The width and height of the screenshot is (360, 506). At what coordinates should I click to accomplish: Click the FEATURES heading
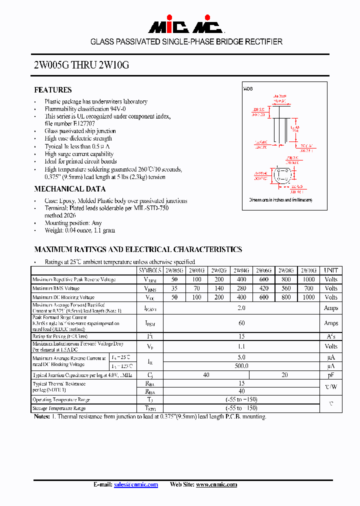52,90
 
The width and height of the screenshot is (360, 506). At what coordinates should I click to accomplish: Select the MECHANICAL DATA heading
69,189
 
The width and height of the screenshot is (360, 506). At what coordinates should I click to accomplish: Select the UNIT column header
331,270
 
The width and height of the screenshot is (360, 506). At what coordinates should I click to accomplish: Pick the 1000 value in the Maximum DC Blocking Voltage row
308,297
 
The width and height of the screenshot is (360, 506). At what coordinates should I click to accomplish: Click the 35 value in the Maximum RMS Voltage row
174,288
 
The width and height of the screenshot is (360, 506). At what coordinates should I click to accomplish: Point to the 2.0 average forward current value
241,308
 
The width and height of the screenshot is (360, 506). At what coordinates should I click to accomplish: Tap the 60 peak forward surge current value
241,323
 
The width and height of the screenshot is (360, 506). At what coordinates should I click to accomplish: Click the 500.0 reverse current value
241,366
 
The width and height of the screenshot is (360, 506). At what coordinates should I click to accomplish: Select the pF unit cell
331,375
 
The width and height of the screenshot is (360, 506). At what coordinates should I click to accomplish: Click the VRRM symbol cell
150,279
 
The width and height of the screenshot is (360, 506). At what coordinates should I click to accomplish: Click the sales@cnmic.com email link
136,484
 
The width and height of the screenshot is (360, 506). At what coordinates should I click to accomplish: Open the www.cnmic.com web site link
216,484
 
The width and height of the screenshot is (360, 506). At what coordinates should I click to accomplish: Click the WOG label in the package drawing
248,88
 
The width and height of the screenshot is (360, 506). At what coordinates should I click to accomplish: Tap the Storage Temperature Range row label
59,408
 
